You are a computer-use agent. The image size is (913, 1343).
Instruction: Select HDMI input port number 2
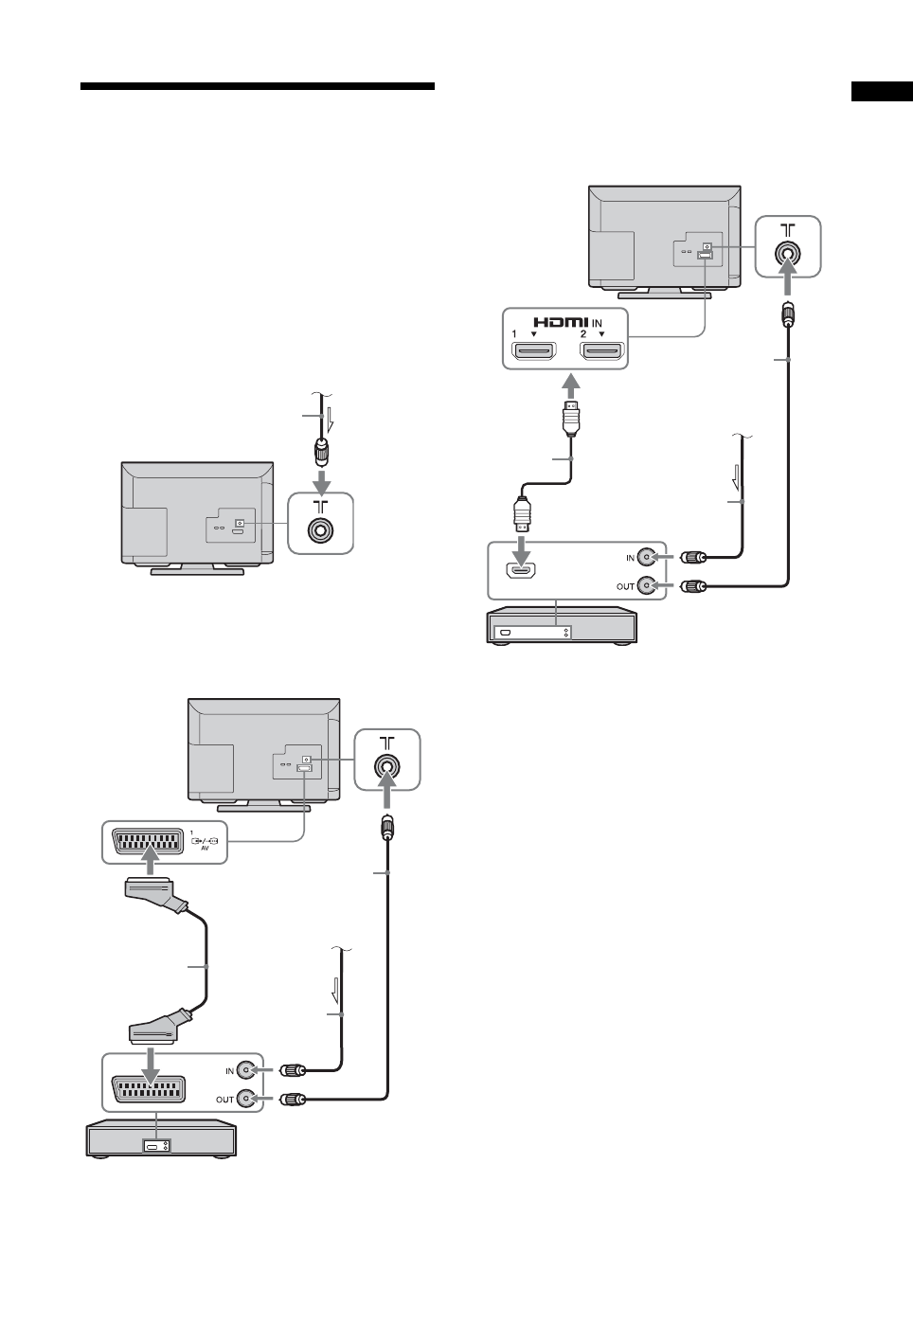click(601, 353)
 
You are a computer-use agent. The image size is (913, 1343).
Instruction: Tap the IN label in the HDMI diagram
click(630, 558)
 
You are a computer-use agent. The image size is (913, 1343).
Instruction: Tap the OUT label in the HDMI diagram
click(626, 586)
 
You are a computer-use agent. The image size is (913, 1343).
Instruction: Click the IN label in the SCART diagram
click(228, 1071)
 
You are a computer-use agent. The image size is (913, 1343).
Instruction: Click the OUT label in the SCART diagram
click(225, 1100)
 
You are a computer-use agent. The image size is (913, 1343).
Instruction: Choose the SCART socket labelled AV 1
click(145, 841)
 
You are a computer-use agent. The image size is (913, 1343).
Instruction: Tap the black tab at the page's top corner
click(881, 91)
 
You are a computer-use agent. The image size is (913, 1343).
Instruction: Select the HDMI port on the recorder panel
click(520, 570)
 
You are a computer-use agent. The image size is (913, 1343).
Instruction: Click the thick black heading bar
click(258, 86)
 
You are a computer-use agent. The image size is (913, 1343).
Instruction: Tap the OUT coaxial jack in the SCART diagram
click(247, 1099)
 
